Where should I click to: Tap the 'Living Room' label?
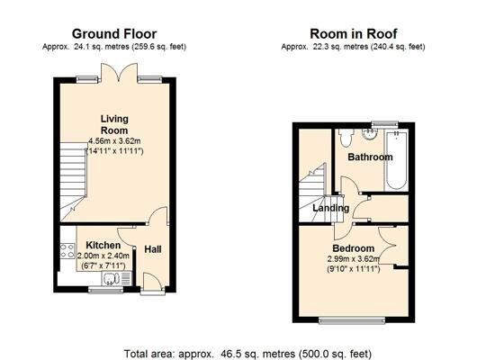113,124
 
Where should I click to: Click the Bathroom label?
371,157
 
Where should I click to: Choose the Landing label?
330,209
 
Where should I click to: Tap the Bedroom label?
353,247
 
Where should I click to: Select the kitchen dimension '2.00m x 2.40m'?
103,256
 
